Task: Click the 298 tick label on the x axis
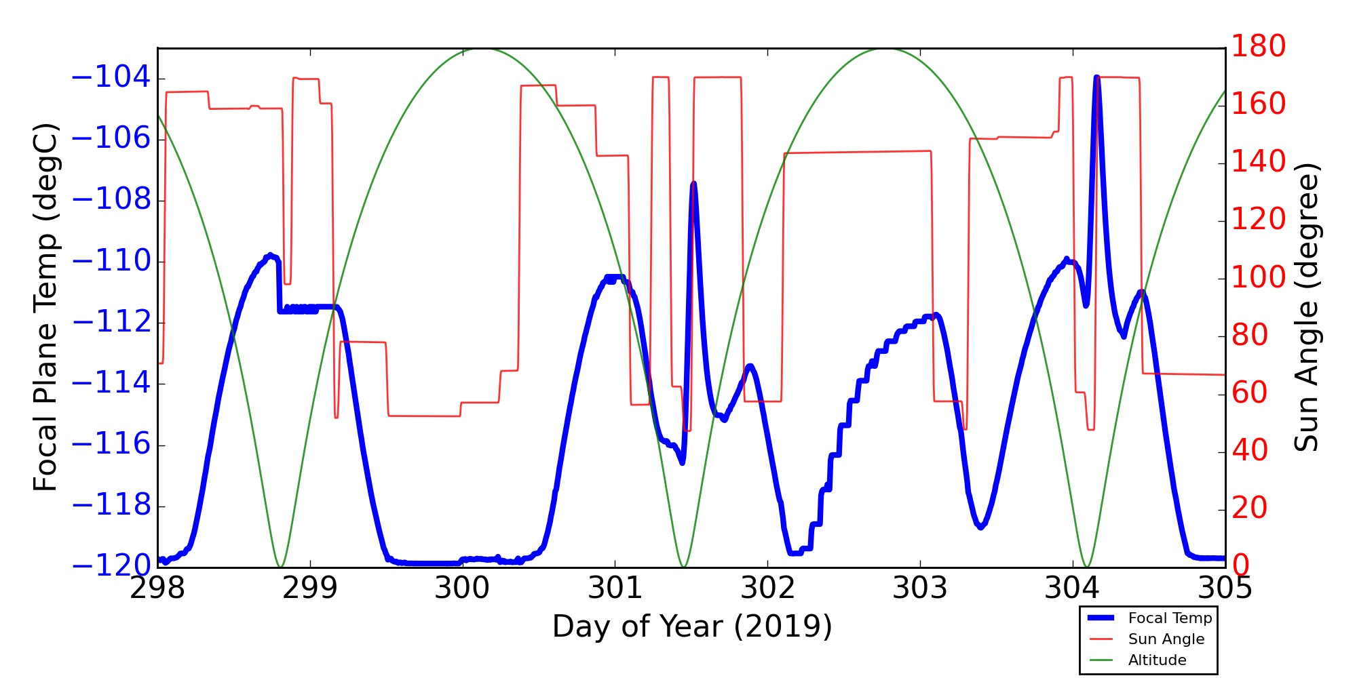(x=157, y=589)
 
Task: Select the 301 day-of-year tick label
(x=615, y=589)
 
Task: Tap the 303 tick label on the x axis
(x=920, y=589)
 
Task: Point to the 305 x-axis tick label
(x=1225, y=589)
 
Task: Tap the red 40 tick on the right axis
(x=1249, y=451)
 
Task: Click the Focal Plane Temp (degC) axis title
(x=45, y=307)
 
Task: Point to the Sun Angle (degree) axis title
(x=1306, y=307)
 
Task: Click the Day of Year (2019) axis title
(x=691, y=626)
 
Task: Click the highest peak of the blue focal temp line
(x=1096, y=78)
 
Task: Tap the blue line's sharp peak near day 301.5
(x=693, y=184)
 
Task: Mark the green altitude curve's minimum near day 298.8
(x=280, y=566)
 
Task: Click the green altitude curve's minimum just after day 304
(x=1086, y=566)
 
